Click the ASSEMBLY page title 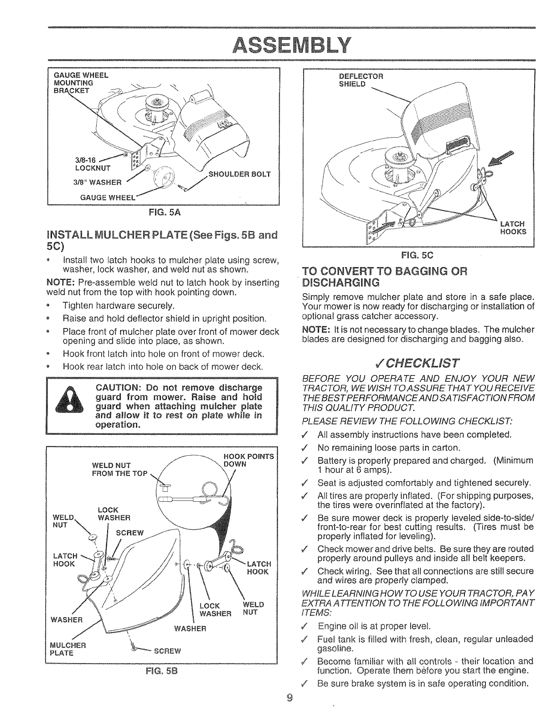pos(278,44)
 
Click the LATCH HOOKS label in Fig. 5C pos(513,227)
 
